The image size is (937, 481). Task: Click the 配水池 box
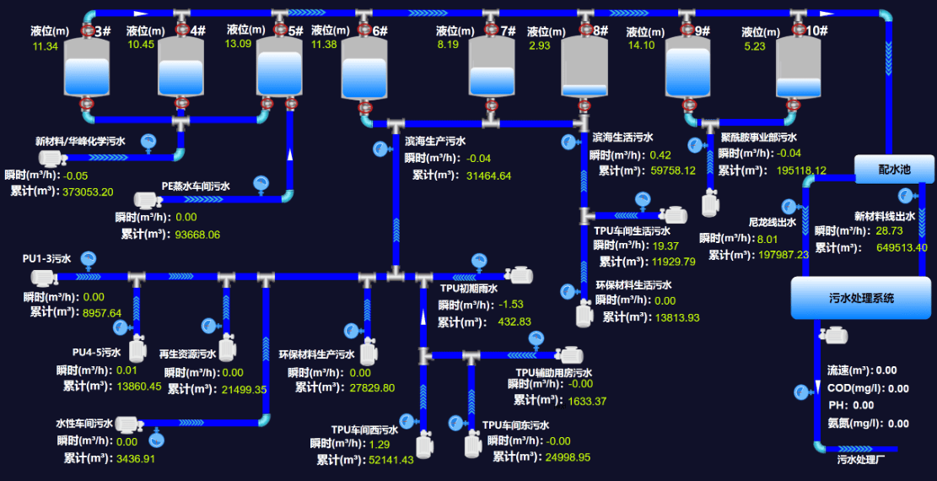click(x=895, y=169)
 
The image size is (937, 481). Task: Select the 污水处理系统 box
click(x=859, y=298)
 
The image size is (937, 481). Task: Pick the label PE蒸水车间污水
click(x=207, y=186)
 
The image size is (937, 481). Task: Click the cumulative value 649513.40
click(x=902, y=247)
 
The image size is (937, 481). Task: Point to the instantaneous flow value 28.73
click(x=889, y=230)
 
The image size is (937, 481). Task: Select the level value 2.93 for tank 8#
click(x=540, y=46)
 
